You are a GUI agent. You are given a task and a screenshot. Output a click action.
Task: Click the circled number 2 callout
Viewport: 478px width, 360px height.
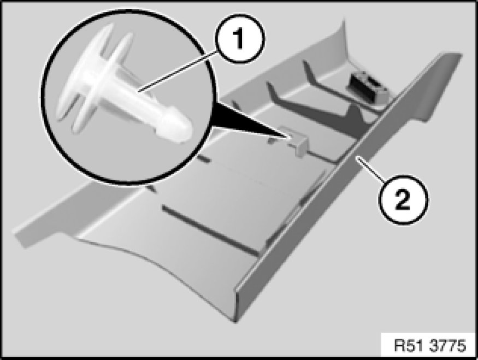(403, 199)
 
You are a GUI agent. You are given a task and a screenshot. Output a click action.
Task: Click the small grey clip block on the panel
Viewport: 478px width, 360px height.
(296, 141)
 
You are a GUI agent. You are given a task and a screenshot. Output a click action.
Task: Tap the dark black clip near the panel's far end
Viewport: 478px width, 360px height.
(366, 86)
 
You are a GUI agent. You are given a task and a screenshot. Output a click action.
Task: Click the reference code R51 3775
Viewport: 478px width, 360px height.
(430, 345)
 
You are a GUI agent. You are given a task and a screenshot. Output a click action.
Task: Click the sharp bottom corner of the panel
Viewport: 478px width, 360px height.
(235, 321)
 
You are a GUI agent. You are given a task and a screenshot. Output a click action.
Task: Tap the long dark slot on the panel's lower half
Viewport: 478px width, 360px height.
(210, 230)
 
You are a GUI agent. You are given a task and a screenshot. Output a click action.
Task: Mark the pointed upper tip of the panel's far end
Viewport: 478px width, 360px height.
(344, 21)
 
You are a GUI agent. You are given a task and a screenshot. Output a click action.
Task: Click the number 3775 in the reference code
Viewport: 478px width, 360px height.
(449, 345)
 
